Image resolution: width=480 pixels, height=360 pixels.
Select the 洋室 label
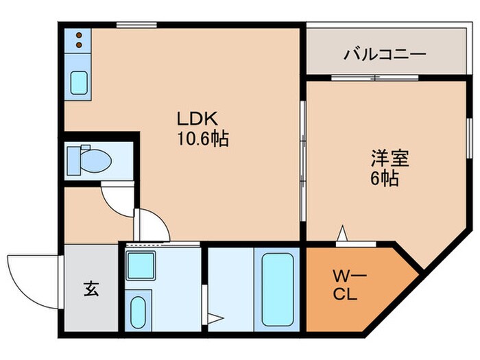[390, 159]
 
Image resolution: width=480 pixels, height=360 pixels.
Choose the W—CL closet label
[350, 286]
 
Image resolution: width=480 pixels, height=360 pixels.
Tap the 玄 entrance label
[91, 289]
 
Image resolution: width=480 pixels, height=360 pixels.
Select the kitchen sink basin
[80, 82]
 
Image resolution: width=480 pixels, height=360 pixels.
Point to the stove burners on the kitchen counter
[80, 40]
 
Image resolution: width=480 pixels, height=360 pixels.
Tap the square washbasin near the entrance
[141, 264]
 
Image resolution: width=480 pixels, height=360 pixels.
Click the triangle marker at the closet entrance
[341, 235]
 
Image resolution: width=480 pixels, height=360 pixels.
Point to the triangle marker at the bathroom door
[216, 317]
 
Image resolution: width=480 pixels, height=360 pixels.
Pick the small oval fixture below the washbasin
[139, 310]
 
